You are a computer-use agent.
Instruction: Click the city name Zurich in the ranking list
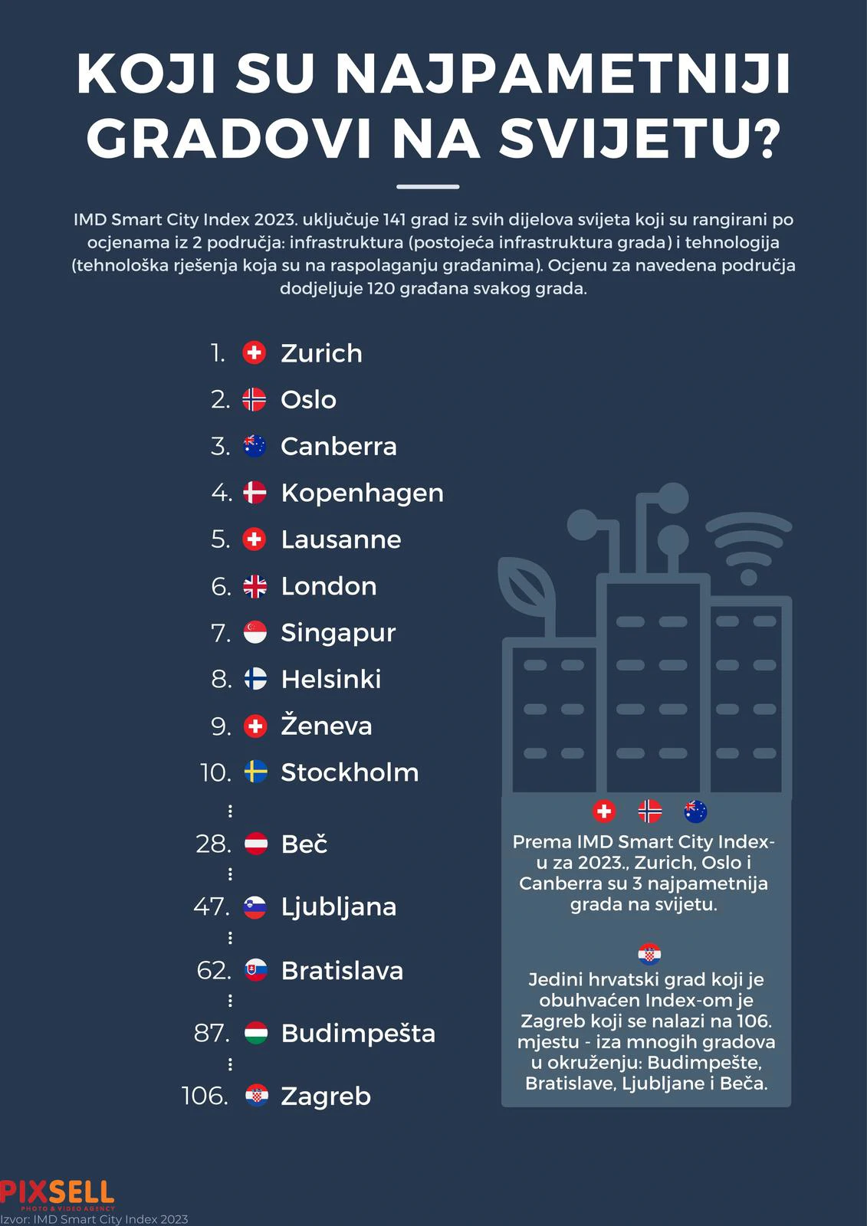tap(321, 353)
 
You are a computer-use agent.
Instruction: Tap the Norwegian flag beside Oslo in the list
tap(255, 399)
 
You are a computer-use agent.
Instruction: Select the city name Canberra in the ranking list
tap(339, 447)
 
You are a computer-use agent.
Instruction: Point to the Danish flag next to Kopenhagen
tap(255, 493)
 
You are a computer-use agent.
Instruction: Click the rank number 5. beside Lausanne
tap(220, 539)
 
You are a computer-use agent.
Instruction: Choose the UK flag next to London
tap(255, 586)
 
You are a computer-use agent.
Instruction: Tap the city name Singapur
tap(338, 633)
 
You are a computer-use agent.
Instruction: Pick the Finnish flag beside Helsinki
tap(255, 679)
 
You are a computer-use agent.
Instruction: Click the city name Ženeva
tap(326, 726)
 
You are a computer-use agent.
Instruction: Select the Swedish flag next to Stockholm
tap(255, 772)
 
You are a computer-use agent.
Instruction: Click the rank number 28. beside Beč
tap(213, 844)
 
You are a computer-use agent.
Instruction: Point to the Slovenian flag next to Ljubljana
tap(255, 907)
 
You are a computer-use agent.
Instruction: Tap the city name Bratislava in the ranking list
tap(342, 971)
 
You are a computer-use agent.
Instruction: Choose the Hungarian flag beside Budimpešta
tap(255, 1034)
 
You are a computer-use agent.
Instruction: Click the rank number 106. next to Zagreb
tap(205, 1096)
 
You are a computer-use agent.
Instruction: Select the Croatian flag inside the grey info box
tap(649, 955)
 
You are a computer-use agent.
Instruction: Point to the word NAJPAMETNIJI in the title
tap(563, 75)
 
